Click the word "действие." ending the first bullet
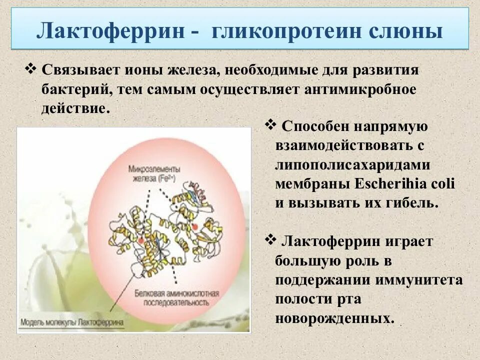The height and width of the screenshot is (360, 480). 75,108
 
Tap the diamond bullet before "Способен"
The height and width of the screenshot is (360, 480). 270,124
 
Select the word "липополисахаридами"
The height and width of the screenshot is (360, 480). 352,164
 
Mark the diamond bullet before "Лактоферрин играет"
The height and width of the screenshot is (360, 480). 270,240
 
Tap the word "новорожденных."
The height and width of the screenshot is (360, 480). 334,318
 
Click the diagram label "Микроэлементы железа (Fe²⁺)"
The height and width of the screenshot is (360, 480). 153,173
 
